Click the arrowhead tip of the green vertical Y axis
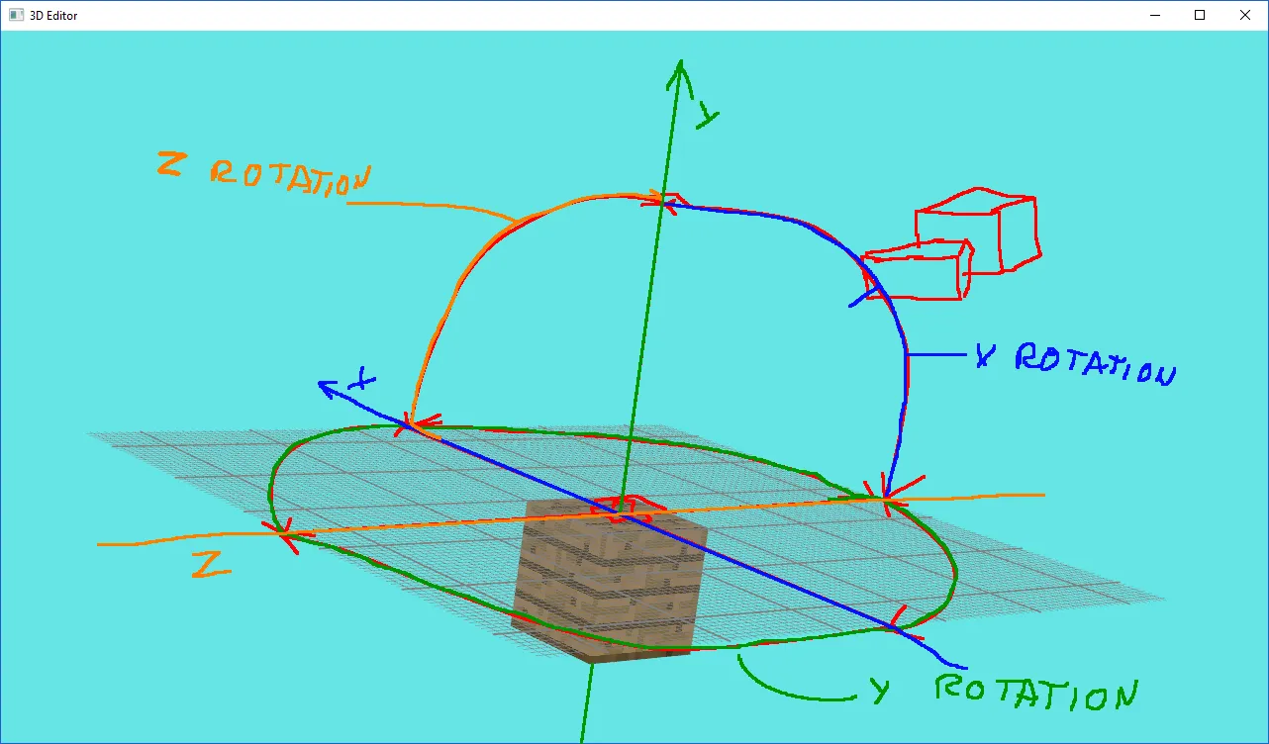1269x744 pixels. tap(680, 60)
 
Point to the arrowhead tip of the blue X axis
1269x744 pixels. tap(319, 383)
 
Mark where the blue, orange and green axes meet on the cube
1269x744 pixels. tap(621, 513)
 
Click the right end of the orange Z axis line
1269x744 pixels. tap(1044, 495)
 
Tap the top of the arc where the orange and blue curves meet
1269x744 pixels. tap(664, 200)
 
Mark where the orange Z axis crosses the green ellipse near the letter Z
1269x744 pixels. tap(281, 533)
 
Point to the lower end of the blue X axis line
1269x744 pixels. tap(966, 668)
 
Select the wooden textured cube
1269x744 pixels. tap(609, 581)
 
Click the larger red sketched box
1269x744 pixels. tap(979, 230)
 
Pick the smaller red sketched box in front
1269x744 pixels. tap(917, 269)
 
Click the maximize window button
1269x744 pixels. tap(1200, 15)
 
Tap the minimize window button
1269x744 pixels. tap(1155, 15)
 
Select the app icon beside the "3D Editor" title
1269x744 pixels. tap(17, 15)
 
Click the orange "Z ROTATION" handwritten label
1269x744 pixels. tap(264, 173)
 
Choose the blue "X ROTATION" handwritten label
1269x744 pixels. tap(1076, 364)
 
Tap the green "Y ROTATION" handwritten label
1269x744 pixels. tap(1004, 692)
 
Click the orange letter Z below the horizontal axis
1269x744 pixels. tap(211, 565)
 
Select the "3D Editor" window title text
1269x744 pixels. tap(53, 16)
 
